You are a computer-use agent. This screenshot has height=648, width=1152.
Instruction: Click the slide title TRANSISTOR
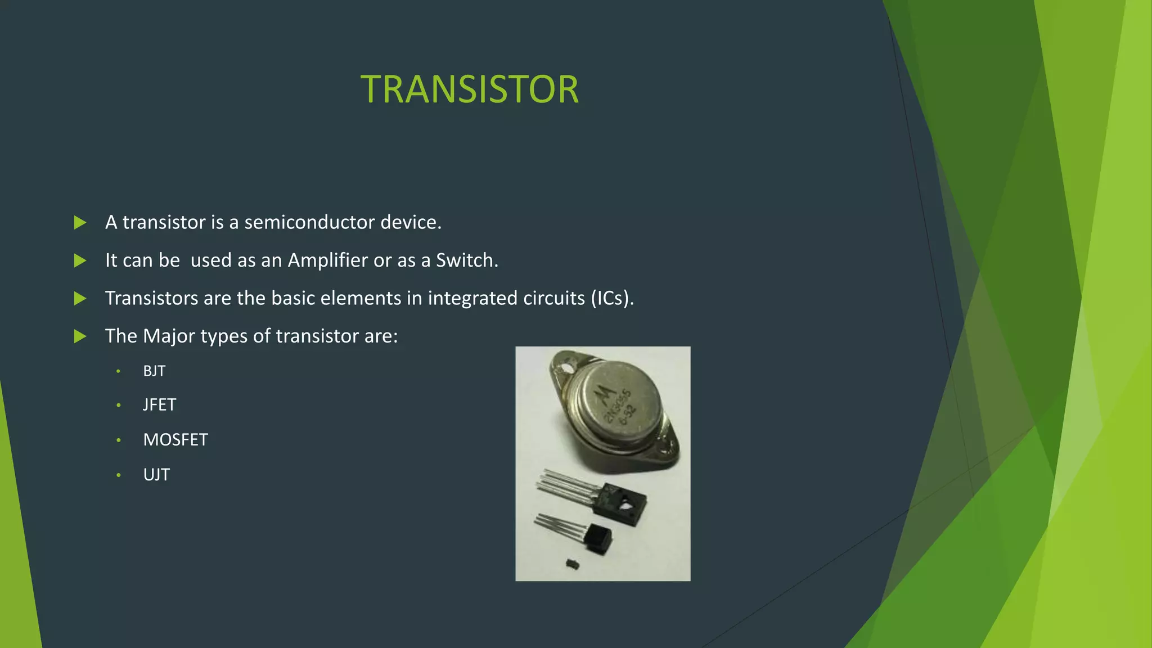(x=469, y=89)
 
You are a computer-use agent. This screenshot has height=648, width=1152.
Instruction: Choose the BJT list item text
(x=154, y=371)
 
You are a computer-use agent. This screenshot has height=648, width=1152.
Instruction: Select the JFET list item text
(x=160, y=405)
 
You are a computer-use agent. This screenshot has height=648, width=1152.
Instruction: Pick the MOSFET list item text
(x=175, y=440)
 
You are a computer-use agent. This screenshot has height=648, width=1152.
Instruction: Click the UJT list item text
(x=156, y=475)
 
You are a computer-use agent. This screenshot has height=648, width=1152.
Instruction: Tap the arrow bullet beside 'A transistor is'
(x=80, y=223)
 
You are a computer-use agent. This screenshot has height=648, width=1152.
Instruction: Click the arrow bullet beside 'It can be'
(x=80, y=260)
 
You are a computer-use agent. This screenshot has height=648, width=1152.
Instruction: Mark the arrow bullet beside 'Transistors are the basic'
(x=80, y=298)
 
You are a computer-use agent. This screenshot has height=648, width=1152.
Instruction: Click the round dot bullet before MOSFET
(x=119, y=440)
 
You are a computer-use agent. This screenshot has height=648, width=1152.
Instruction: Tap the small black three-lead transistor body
(x=597, y=537)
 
